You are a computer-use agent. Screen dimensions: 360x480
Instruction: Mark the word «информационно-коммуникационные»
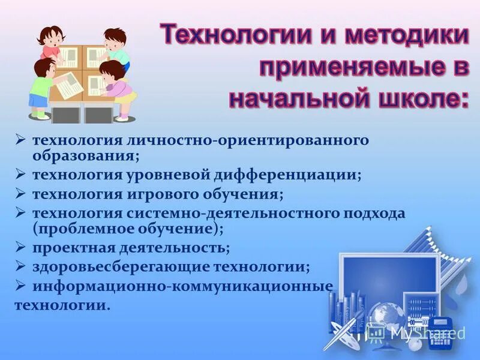182,286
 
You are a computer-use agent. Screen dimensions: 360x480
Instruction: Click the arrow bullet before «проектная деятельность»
20,247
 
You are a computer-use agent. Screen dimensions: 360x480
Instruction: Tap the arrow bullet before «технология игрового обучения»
20,194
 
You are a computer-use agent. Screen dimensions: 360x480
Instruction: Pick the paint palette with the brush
342,333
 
